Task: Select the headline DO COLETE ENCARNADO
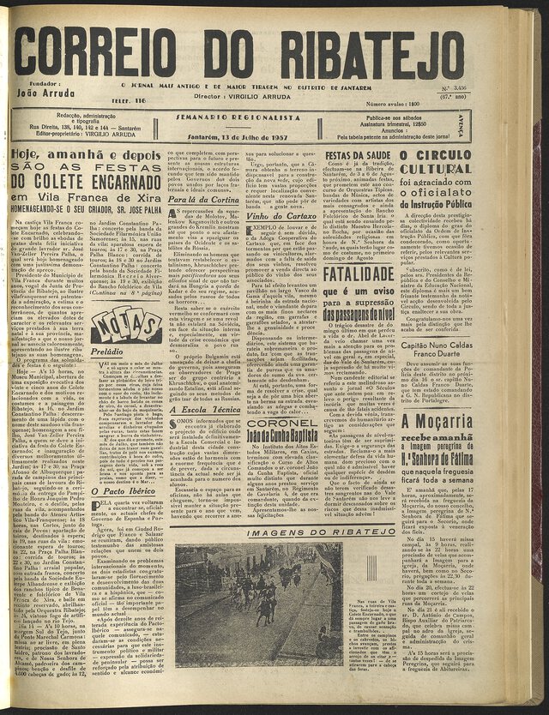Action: pyautogui.click(x=81, y=183)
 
